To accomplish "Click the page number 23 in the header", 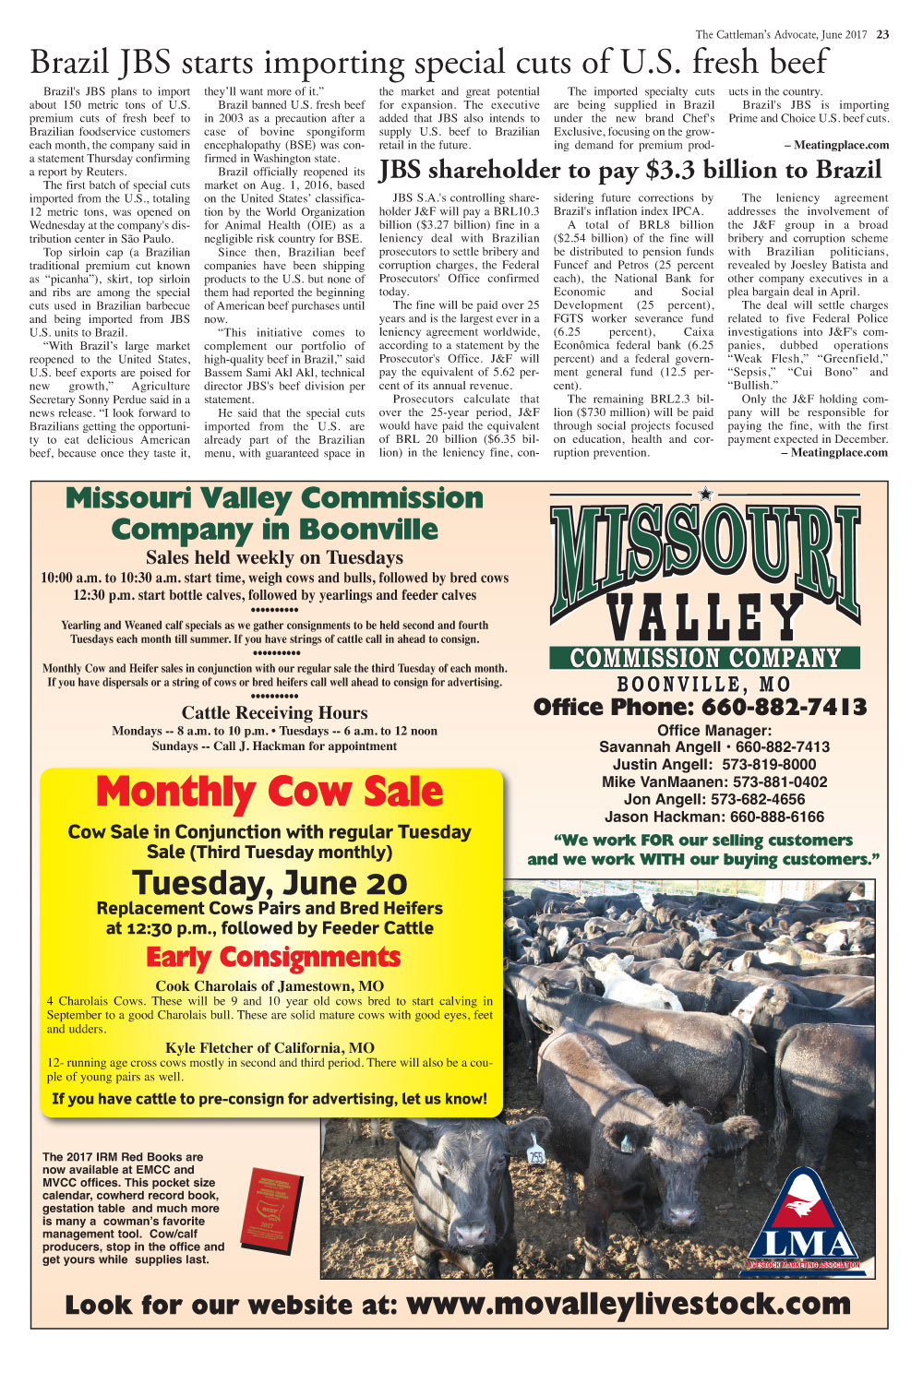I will click(882, 35).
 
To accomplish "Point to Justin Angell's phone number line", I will click(714, 764).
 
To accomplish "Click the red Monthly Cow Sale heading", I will click(270, 793).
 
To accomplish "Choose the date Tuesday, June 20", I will click(270, 883).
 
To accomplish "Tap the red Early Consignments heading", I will click(273, 957).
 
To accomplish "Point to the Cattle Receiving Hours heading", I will click(274, 712).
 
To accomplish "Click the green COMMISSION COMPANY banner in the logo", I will click(705, 658).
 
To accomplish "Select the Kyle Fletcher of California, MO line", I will click(270, 1047).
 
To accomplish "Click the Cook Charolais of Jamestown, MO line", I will click(270, 985).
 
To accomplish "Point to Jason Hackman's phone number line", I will click(714, 817).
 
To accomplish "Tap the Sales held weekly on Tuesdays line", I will click(274, 557).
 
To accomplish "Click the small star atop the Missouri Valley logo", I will click(706, 495).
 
